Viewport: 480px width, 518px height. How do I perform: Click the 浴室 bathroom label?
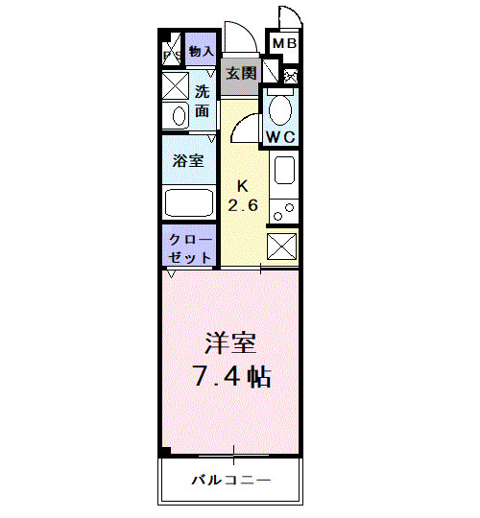(187, 160)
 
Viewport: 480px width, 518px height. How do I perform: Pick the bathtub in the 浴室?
(189, 202)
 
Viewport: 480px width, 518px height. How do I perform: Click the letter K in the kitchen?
(243, 185)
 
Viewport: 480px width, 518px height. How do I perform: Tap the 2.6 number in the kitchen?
(243, 205)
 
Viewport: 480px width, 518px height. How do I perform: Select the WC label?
(280, 137)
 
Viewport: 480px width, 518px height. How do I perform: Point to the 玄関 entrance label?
(240, 74)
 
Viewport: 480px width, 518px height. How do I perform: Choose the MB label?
(284, 44)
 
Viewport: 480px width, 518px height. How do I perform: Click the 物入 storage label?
(201, 52)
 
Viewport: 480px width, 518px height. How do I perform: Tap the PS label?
(172, 56)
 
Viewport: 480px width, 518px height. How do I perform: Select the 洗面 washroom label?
(203, 102)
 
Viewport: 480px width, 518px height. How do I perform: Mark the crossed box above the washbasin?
(177, 85)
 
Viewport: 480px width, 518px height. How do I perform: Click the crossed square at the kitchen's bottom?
(283, 247)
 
